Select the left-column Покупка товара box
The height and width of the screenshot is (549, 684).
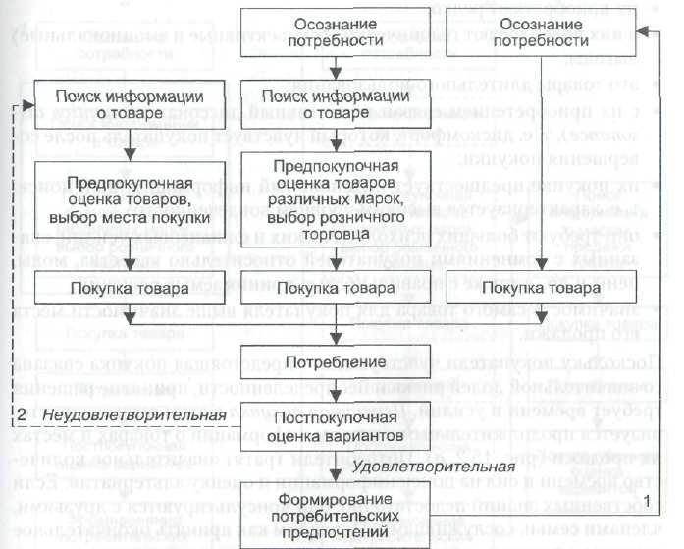[126, 289]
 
